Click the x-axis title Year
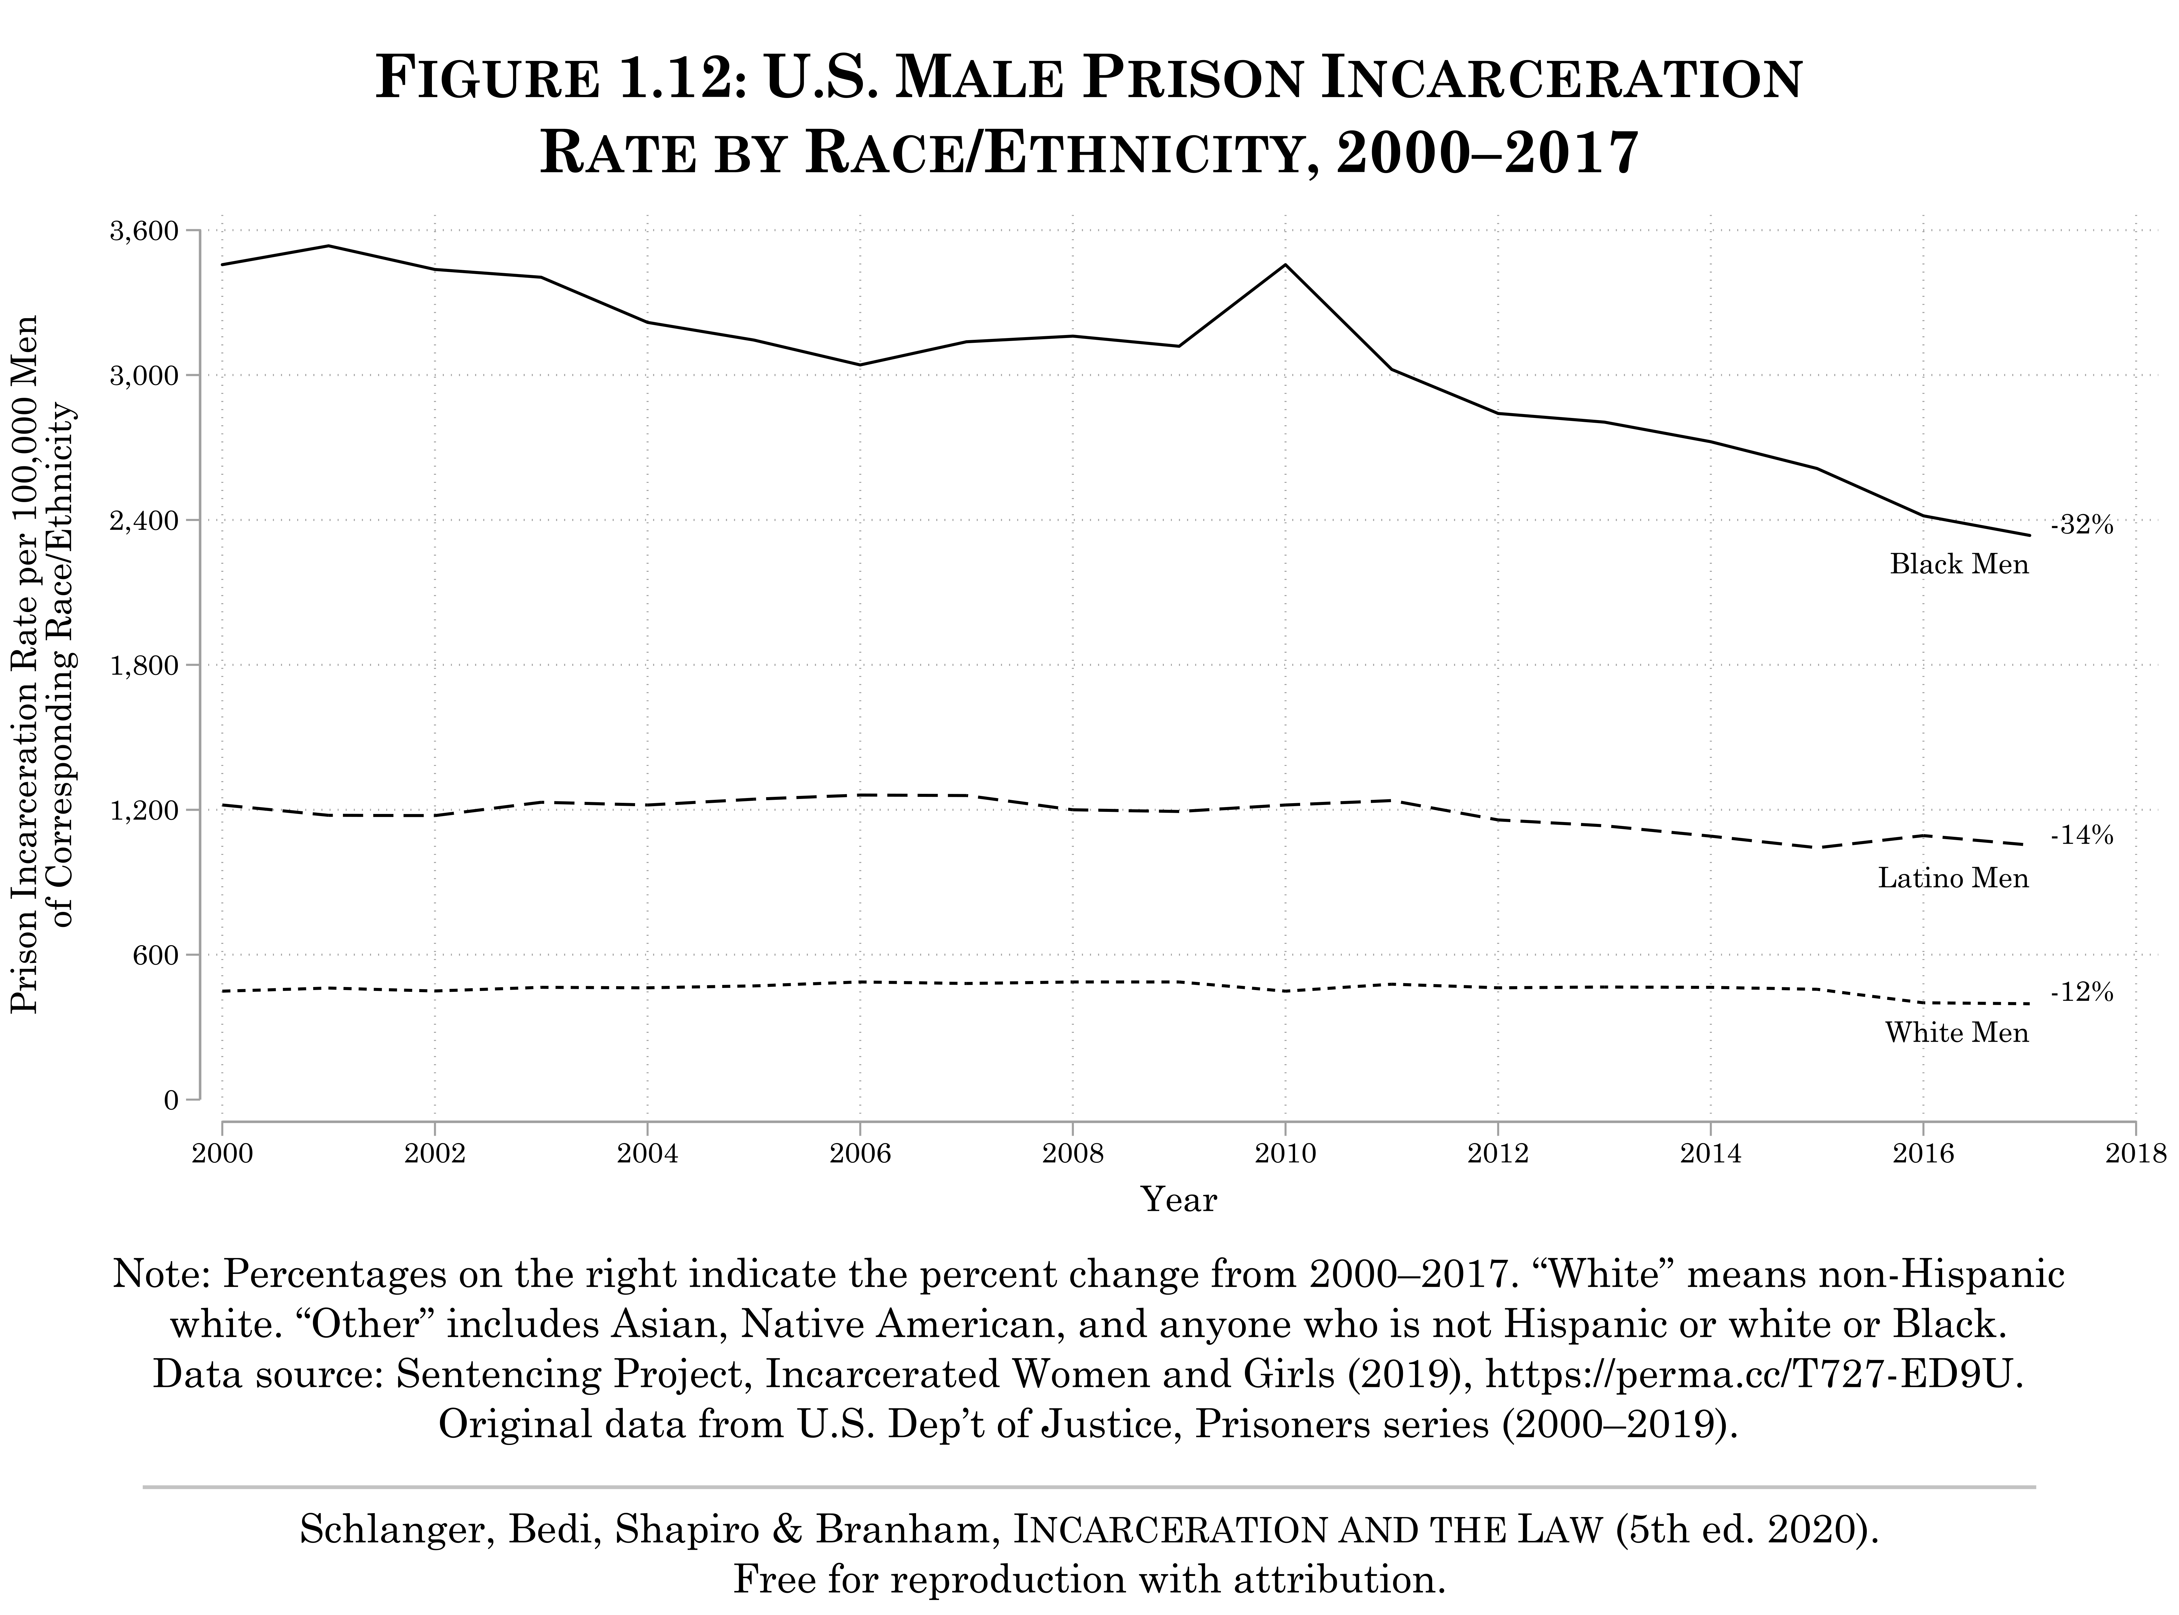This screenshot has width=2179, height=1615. pyautogui.click(x=1178, y=1199)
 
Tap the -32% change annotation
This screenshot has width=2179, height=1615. pyautogui.click(x=2082, y=525)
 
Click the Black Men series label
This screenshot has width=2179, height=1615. pyautogui.click(x=1959, y=564)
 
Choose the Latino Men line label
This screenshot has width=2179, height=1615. pyautogui.click(x=1953, y=878)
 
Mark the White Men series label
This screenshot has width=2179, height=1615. pyautogui.click(x=1957, y=1033)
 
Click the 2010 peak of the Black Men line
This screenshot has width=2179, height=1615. pyautogui.click(x=1285, y=265)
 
